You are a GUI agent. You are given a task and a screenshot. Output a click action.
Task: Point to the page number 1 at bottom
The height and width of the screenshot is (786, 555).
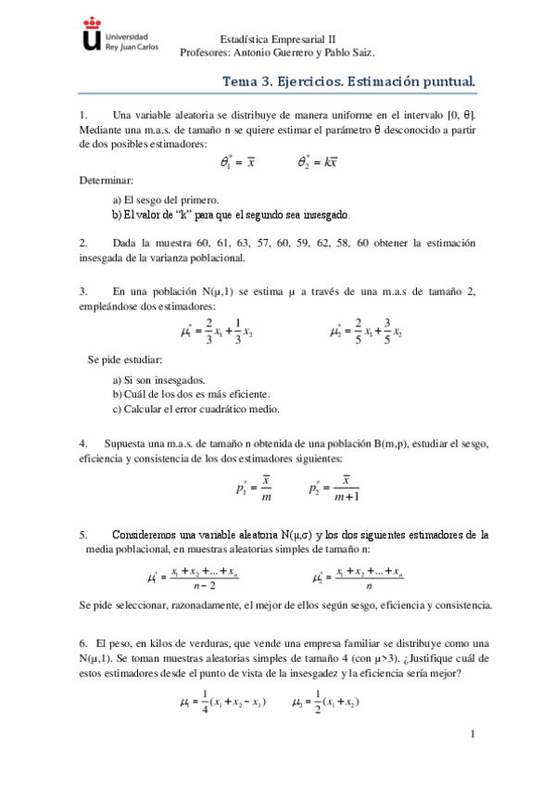(x=473, y=735)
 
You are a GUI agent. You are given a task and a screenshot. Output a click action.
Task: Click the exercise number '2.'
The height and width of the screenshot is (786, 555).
(x=84, y=242)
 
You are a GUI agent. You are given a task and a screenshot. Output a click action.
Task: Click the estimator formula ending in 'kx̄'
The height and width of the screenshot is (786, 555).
(x=317, y=161)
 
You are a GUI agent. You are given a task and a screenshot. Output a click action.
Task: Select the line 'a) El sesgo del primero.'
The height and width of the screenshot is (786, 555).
(x=165, y=198)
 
